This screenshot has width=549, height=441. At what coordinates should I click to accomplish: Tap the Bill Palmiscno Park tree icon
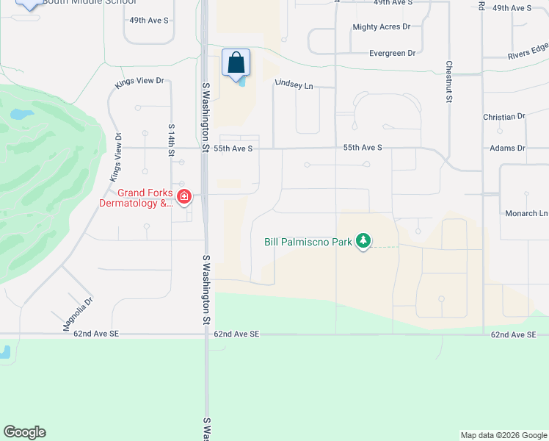pyautogui.click(x=363, y=240)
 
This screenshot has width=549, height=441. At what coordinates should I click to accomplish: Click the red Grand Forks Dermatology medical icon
pyautogui.click(x=183, y=197)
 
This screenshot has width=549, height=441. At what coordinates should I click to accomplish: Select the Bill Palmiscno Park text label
pyautogui.click(x=308, y=241)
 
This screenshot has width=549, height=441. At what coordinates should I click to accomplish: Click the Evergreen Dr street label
pyautogui.click(x=392, y=53)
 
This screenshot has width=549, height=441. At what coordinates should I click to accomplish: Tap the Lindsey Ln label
pyautogui.click(x=294, y=85)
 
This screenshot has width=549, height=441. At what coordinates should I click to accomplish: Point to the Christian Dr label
pyautogui.click(x=504, y=117)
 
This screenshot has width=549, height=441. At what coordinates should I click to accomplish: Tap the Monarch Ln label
pyautogui.click(x=526, y=213)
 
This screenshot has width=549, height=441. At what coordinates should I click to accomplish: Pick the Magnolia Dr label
pyautogui.click(x=79, y=315)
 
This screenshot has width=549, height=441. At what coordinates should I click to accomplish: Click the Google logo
pyautogui.click(x=24, y=432)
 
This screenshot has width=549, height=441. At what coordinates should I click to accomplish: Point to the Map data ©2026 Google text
pyautogui.click(x=503, y=435)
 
